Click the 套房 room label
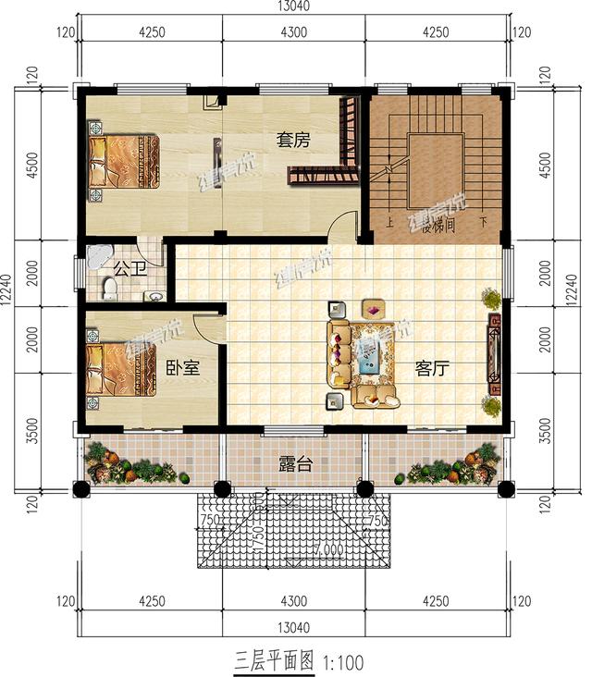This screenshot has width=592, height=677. [292, 141]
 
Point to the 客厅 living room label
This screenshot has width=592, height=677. [432, 369]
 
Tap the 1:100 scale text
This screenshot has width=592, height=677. [344, 662]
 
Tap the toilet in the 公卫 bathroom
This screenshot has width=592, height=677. [110, 291]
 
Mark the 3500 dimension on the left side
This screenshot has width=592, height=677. [33, 433]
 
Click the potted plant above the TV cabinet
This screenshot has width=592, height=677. [490, 299]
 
